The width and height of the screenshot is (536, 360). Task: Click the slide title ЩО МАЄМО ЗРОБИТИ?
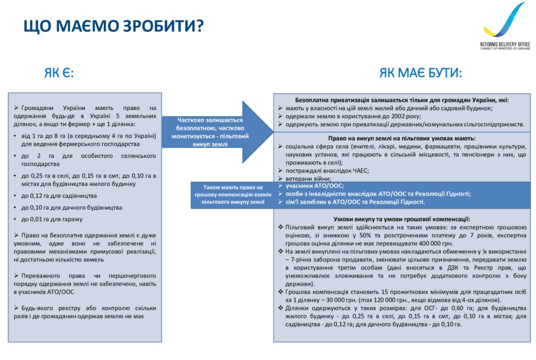(113, 26)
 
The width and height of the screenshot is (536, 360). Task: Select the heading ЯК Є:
(59, 73)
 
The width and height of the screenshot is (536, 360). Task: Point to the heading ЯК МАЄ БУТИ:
(420, 73)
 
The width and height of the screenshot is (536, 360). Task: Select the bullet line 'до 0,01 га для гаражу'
(48, 219)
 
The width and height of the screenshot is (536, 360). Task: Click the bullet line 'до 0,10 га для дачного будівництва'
(67, 207)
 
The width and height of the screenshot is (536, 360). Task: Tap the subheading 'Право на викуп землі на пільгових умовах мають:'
(401, 138)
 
